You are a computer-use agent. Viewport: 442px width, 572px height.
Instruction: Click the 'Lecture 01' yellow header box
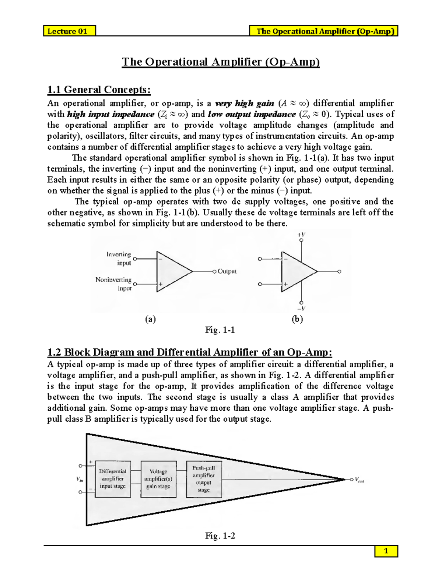(x=69, y=31)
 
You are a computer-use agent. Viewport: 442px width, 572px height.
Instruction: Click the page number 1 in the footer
(x=386, y=551)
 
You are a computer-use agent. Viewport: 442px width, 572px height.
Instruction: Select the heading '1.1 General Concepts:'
(x=99, y=90)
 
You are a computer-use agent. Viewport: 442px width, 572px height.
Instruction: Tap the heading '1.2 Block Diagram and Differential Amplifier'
(x=189, y=352)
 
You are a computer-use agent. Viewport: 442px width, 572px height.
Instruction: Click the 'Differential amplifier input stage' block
(x=113, y=479)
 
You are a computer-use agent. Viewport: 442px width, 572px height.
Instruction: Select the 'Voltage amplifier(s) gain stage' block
(x=158, y=479)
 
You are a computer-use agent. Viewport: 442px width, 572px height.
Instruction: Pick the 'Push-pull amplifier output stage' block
(x=204, y=479)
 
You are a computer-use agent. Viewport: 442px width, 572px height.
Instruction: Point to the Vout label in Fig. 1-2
(x=359, y=480)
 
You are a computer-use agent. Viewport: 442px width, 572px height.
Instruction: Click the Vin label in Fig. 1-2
(x=80, y=479)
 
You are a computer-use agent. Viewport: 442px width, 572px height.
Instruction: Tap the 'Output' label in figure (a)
(x=227, y=271)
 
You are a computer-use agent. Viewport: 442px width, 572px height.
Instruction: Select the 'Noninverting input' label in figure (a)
(x=114, y=284)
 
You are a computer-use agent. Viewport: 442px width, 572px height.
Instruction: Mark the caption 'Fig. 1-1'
(x=220, y=330)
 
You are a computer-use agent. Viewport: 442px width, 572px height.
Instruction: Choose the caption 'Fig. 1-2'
(x=220, y=536)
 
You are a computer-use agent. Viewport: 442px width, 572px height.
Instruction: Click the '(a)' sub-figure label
(x=150, y=319)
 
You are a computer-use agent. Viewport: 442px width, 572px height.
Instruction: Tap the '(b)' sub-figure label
(x=297, y=319)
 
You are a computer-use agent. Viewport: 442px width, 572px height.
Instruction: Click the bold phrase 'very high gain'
(x=245, y=103)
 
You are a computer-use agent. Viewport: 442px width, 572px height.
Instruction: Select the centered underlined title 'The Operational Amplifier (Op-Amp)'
(x=221, y=62)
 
